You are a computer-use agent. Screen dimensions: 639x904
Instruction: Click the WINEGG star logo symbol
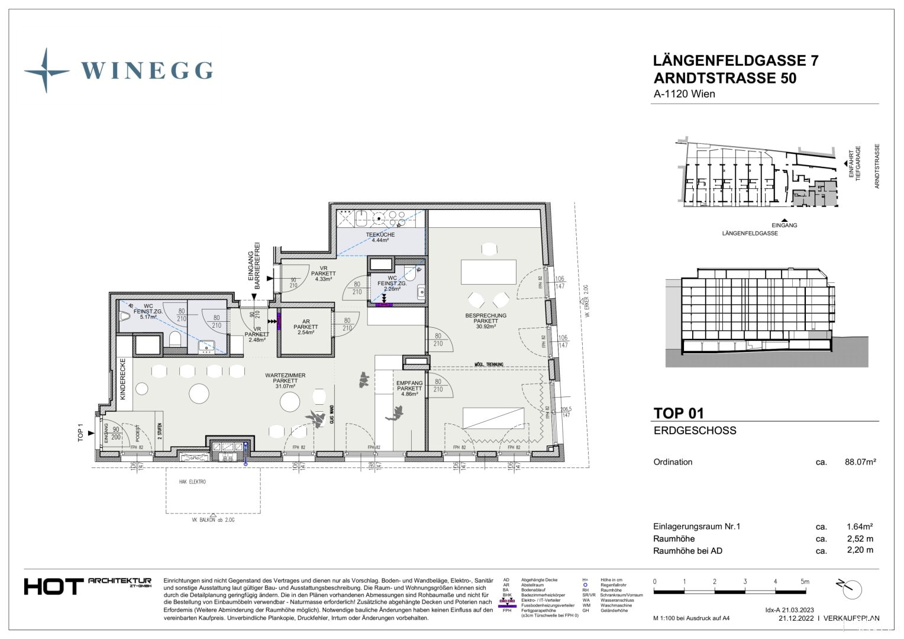pyautogui.click(x=46, y=70)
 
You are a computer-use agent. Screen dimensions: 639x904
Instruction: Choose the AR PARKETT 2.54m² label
pyautogui.click(x=306, y=327)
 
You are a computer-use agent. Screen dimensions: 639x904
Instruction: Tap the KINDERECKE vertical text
pyautogui.click(x=123, y=379)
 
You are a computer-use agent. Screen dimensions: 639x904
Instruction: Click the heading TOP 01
pyautogui.click(x=678, y=413)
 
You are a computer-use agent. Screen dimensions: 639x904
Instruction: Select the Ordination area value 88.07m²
pyautogui.click(x=860, y=462)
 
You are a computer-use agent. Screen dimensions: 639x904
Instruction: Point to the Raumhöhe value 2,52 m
pyautogui.click(x=860, y=538)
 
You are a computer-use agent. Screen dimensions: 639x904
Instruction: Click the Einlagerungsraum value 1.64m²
pyautogui.click(x=860, y=526)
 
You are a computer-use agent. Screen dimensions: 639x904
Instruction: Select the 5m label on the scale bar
pyautogui.click(x=805, y=582)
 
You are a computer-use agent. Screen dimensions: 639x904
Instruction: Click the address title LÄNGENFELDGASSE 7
pyautogui.click(x=735, y=60)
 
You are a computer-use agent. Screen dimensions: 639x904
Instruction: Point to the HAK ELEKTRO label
pyautogui.click(x=192, y=482)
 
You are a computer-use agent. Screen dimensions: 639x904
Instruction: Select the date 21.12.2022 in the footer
pyautogui.click(x=796, y=618)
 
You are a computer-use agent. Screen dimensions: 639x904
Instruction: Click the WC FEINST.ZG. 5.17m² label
pyautogui.click(x=148, y=311)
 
